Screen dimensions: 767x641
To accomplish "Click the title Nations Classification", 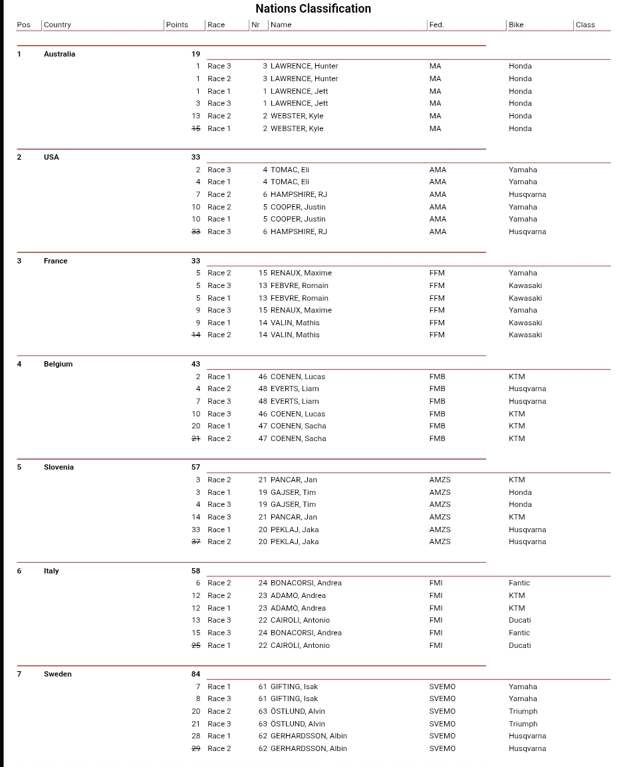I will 313,9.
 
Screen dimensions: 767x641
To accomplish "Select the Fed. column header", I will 436,25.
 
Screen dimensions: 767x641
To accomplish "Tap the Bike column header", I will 516,25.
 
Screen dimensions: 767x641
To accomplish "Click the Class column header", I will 585,25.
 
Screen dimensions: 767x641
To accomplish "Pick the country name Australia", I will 59,54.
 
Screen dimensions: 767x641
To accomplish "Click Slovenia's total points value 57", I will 195,467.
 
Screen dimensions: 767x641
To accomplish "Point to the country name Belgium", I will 58,364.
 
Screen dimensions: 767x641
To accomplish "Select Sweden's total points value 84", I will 195,674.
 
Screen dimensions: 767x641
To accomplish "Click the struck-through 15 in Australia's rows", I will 195,128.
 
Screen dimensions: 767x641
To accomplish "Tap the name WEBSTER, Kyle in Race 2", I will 297,116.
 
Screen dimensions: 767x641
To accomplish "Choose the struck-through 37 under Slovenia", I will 195,541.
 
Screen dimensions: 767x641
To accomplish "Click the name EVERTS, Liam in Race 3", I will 295,401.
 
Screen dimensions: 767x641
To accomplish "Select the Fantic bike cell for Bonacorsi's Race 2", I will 519,583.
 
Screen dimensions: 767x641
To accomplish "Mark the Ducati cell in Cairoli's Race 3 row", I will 519,620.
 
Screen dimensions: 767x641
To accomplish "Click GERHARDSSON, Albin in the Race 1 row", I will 309,736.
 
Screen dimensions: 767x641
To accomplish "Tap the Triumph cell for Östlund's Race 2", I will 523,711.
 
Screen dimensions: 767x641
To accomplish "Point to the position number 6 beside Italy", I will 19,571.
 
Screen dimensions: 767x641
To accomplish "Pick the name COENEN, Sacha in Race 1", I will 298,426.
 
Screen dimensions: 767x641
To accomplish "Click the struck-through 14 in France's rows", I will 195,335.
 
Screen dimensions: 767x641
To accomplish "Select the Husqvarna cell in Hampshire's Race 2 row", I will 527,194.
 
